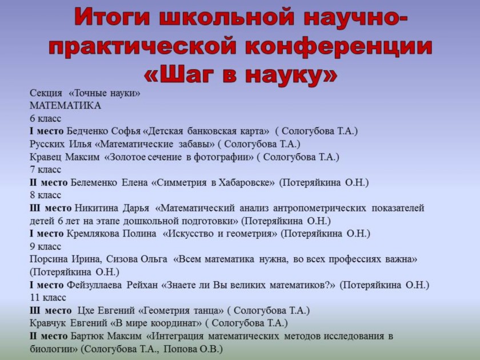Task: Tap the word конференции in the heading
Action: (x=339, y=46)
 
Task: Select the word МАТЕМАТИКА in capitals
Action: (x=65, y=106)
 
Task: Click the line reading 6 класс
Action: (x=45, y=118)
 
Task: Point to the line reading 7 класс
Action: (x=45, y=170)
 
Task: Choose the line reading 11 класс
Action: (x=48, y=298)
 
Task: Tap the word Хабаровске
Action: (x=246, y=182)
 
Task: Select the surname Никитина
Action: (x=97, y=208)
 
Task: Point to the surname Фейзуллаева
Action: (x=94, y=285)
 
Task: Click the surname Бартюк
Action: (x=85, y=336)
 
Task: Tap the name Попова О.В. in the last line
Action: (x=193, y=349)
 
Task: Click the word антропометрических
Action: (x=319, y=208)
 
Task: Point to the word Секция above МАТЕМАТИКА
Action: (x=46, y=93)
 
